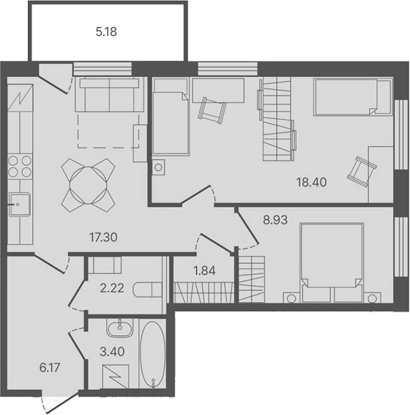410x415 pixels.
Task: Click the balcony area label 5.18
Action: click(x=107, y=32)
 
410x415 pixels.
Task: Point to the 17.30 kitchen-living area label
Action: click(x=102, y=238)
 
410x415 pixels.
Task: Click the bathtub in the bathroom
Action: click(x=153, y=353)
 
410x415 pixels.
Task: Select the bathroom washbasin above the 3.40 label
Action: click(x=118, y=328)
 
